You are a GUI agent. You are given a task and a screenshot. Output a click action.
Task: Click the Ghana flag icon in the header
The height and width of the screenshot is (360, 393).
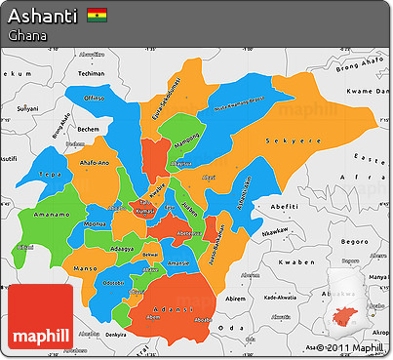tap(98, 16)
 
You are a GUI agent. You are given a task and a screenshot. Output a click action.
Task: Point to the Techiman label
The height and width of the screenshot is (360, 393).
tap(92, 73)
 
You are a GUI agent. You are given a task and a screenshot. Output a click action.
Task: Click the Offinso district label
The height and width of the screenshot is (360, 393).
tap(95, 99)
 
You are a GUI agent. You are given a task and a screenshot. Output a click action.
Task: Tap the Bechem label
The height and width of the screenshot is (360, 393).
tap(90, 128)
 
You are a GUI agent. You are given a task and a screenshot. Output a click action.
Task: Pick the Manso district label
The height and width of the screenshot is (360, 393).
tap(88, 265)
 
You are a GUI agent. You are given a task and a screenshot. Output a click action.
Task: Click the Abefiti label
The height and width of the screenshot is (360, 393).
tap(285, 206)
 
